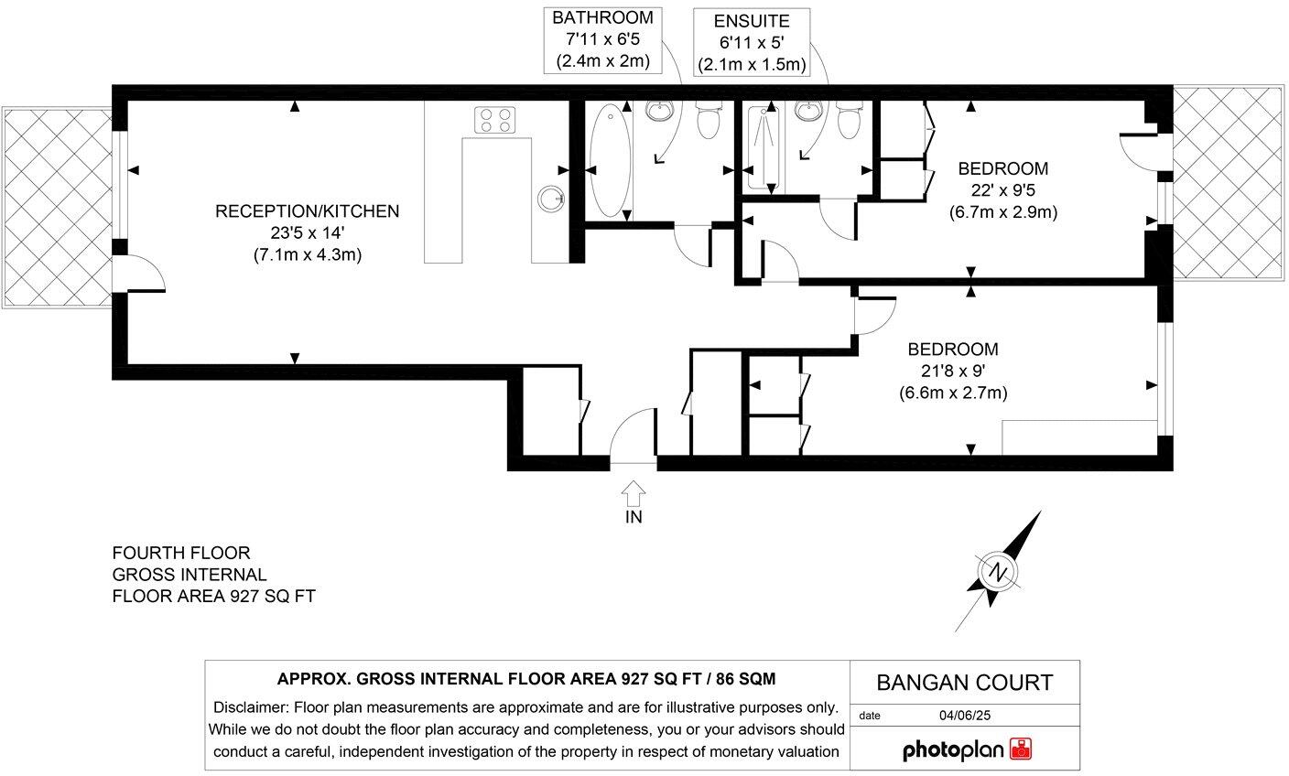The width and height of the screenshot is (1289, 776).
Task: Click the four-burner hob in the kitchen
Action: pyautogui.click(x=495, y=120)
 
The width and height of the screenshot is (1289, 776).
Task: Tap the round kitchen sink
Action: pyautogui.click(x=550, y=198)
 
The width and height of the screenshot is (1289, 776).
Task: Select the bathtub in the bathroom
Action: pyautogui.click(x=608, y=161)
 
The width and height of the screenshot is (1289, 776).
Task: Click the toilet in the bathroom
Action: pyautogui.click(x=708, y=119)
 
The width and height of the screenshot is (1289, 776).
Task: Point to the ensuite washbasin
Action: pyautogui.click(x=807, y=111)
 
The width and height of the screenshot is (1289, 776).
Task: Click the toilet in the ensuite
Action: pyautogui.click(x=849, y=119)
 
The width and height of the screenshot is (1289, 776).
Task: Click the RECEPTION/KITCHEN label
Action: pyautogui.click(x=307, y=211)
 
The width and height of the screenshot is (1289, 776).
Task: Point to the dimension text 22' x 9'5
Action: pyautogui.click(x=1002, y=191)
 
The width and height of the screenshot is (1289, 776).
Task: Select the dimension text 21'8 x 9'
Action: pyautogui.click(x=952, y=372)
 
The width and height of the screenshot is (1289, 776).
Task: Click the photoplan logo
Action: pyautogui.click(x=967, y=749)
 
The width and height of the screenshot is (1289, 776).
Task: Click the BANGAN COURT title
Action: pyautogui.click(x=965, y=683)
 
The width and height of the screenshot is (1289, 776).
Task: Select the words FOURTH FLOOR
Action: pyautogui.click(x=180, y=553)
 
